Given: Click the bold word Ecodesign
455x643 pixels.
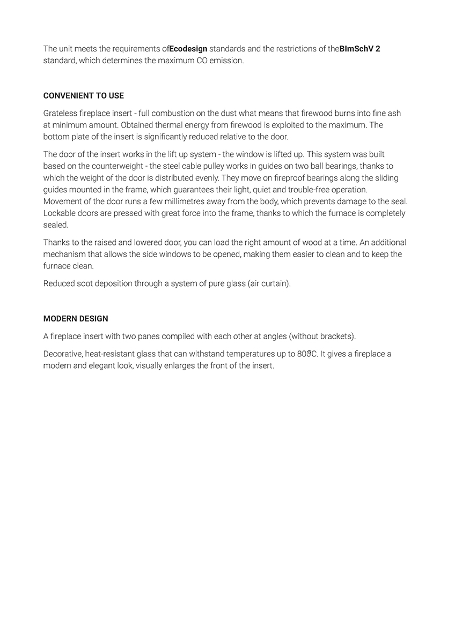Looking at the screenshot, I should click(x=188, y=49).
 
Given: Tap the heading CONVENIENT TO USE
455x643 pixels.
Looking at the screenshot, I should click(x=84, y=96).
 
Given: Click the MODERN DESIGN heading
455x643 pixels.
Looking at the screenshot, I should click(x=76, y=319).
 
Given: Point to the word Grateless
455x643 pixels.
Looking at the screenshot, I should click(x=61, y=114).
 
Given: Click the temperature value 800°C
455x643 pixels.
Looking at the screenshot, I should click(x=307, y=354).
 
